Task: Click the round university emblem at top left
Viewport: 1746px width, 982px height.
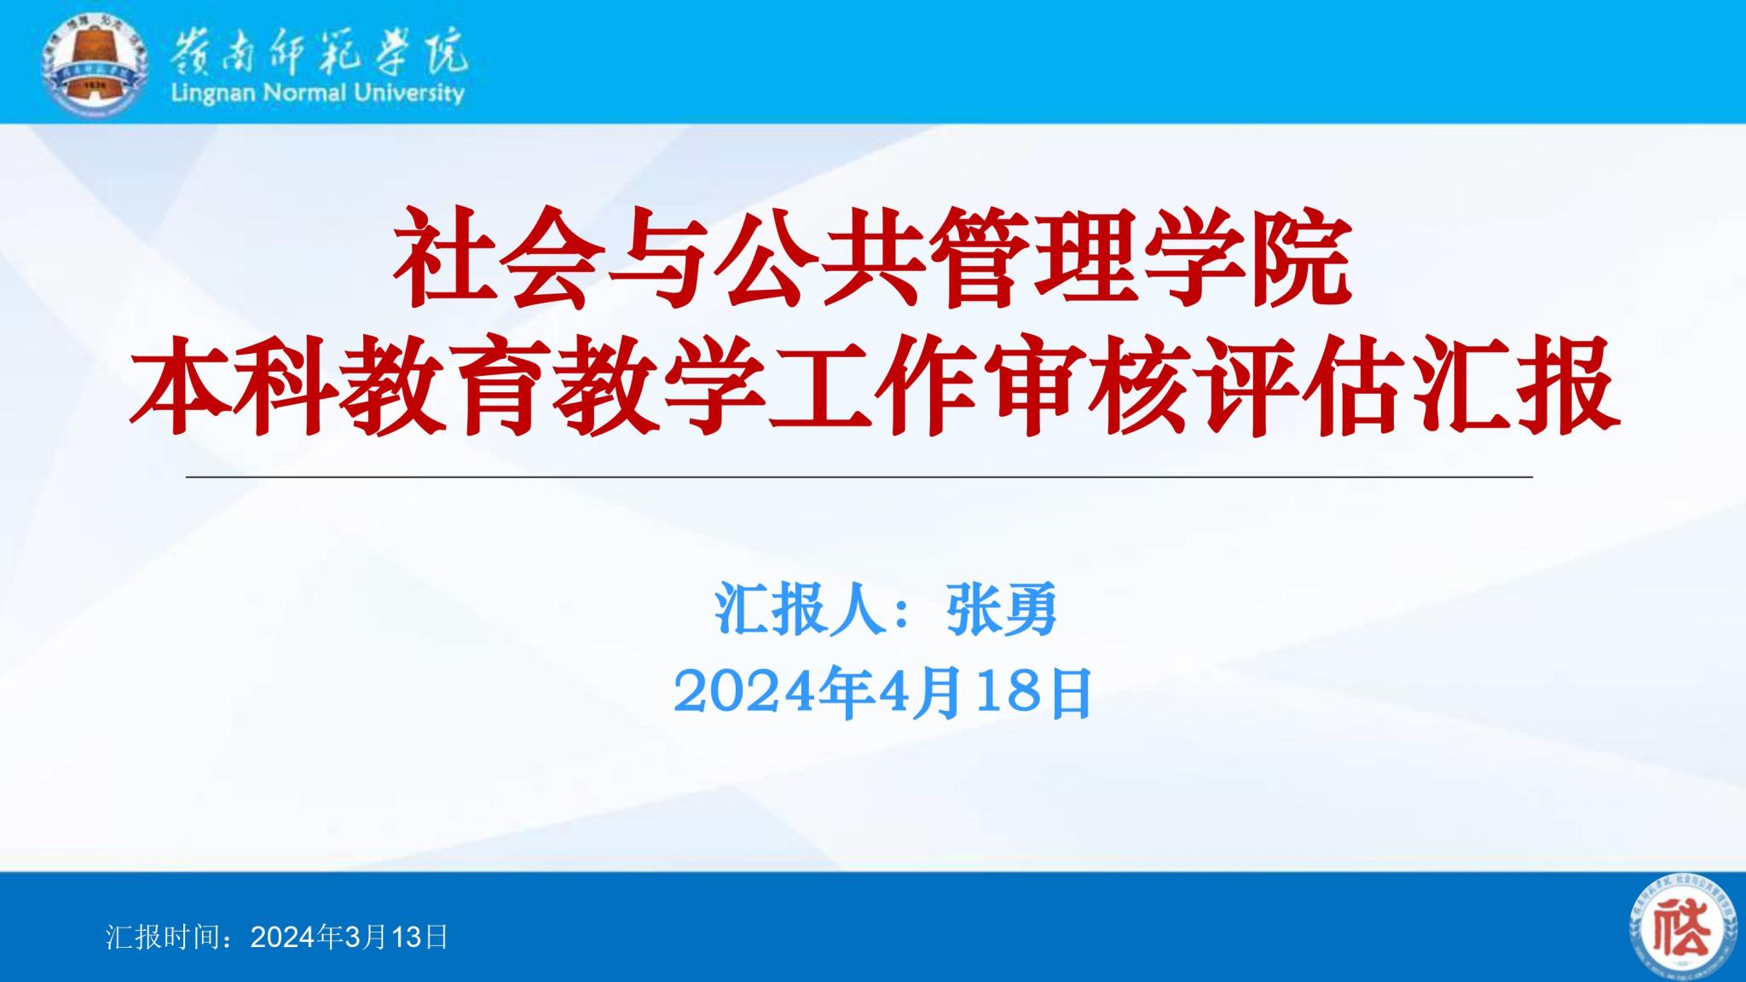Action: point(95,65)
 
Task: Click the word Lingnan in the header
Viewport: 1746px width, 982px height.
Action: point(213,93)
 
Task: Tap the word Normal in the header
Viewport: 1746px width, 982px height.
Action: point(304,92)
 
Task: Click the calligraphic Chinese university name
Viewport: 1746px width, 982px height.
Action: point(318,51)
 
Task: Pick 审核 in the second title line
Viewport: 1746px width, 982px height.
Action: point(1087,386)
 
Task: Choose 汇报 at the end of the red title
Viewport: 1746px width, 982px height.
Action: point(1514,386)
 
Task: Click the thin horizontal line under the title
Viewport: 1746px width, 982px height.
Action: point(859,477)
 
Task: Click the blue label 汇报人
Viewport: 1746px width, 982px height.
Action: point(799,609)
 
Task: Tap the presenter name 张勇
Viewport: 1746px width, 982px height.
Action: point(1002,609)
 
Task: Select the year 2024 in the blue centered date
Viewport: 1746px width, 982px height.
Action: point(744,692)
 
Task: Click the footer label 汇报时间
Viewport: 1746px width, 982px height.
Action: point(159,937)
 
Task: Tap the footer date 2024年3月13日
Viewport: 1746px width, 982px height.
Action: point(350,937)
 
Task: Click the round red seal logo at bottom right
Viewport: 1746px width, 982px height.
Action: point(1683,927)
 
